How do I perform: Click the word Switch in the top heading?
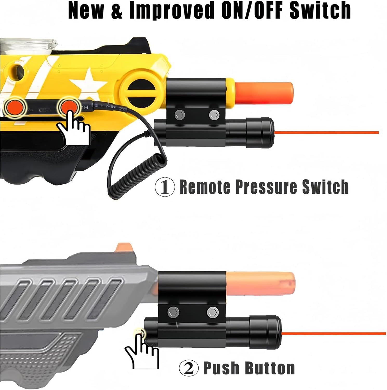[320, 10]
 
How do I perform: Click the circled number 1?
[165, 187]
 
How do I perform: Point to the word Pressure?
[266, 187]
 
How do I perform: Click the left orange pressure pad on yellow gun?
[15, 107]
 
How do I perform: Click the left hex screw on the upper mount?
[180, 115]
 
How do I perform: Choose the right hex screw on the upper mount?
[214, 115]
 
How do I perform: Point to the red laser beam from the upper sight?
[327, 133]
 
